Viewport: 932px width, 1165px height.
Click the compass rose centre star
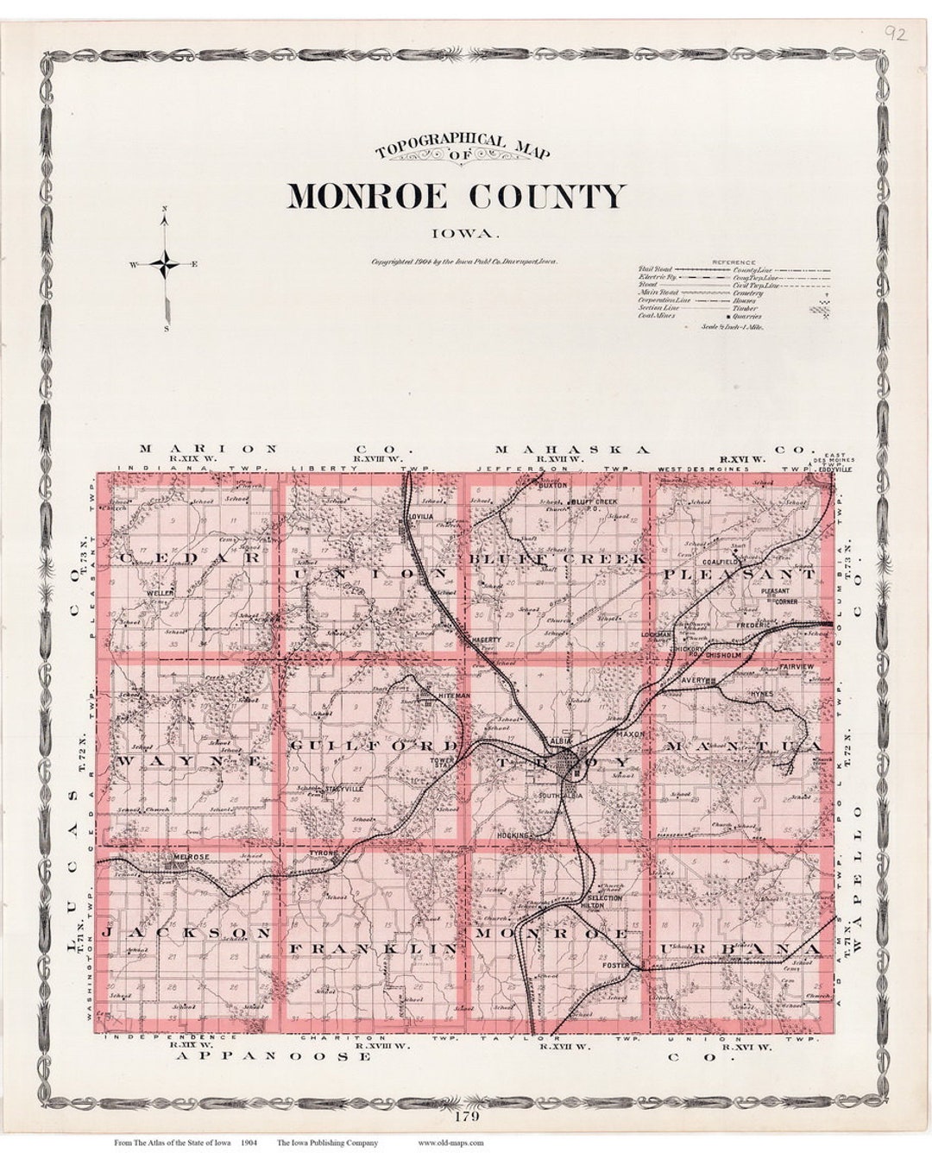pos(164,264)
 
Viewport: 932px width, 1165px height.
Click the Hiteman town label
pos(431,695)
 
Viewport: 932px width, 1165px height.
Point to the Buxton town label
pos(552,486)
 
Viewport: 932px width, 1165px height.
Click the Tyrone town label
pos(322,853)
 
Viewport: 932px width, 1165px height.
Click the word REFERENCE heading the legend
pos(734,262)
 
